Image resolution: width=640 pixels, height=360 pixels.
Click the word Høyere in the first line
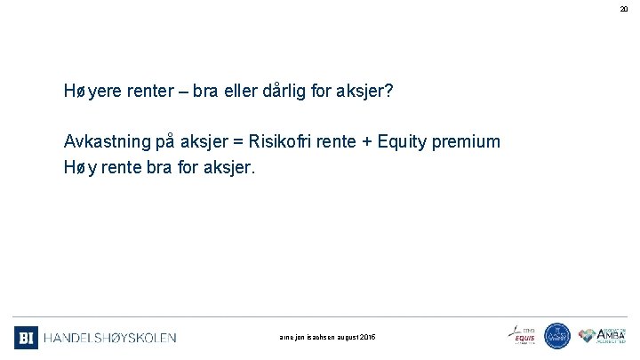(x=91, y=92)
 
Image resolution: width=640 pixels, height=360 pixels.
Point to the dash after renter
(x=169, y=92)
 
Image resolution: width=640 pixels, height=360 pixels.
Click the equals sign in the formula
(x=237, y=141)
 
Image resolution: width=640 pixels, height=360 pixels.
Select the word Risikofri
(x=283, y=141)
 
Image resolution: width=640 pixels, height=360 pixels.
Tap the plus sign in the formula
(x=368, y=141)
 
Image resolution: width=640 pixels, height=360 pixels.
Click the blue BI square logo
(x=26, y=337)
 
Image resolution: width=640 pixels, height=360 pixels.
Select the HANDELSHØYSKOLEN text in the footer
(x=110, y=338)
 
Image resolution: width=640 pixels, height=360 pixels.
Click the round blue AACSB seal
(x=557, y=336)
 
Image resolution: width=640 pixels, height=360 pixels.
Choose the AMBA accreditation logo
(x=603, y=335)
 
